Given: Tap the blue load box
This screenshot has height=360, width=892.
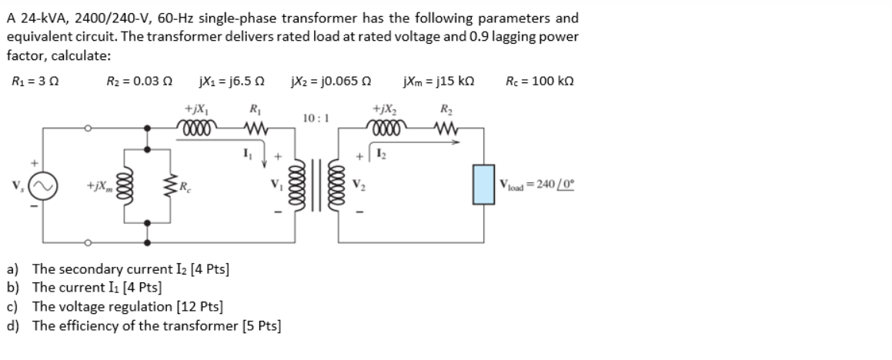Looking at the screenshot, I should click(483, 185).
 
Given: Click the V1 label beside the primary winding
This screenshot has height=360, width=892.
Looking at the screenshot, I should click(274, 185).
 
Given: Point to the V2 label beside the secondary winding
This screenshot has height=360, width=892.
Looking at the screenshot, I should click(359, 185).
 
